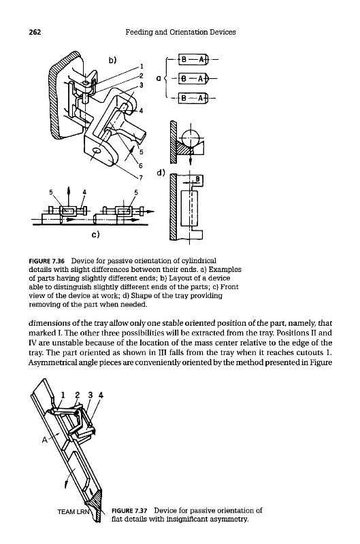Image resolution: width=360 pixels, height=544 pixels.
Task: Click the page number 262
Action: pyautogui.click(x=35, y=32)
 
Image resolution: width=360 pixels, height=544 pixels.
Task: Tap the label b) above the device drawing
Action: pyautogui.click(x=112, y=61)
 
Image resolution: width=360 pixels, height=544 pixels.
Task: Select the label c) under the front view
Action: pyautogui.click(x=95, y=235)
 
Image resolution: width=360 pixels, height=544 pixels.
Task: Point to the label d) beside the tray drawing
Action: pyautogui.click(x=161, y=173)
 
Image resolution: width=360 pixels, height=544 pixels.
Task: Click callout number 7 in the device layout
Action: pyautogui.click(x=141, y=178)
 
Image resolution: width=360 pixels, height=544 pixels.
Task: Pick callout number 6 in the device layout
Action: pyautogui.click(x=141, y=165)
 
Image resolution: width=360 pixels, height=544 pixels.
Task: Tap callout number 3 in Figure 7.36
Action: pyautogui.click(x=142, y=84)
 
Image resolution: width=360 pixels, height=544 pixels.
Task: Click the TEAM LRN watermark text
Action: pyautogui.click(x=73, y=511)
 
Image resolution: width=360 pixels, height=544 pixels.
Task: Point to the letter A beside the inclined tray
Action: pyautogui.click(x=44, y=440)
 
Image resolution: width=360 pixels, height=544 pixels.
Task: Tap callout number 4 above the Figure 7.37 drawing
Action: pyautogui.click(x=101, y=395)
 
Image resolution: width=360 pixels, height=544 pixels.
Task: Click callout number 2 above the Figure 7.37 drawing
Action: pyautogui.click(x=78, y=395)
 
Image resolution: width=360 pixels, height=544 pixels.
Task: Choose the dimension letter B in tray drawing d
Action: pyautogui.click(x=198, y=179)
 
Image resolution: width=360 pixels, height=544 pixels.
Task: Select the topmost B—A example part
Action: pyautogui.click(x=193, y=59)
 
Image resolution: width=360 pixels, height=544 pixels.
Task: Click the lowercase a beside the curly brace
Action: pyautogui.click(x=159, y=79)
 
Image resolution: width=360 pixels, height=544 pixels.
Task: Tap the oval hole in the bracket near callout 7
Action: pyautogui.click(x=97, y=150)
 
